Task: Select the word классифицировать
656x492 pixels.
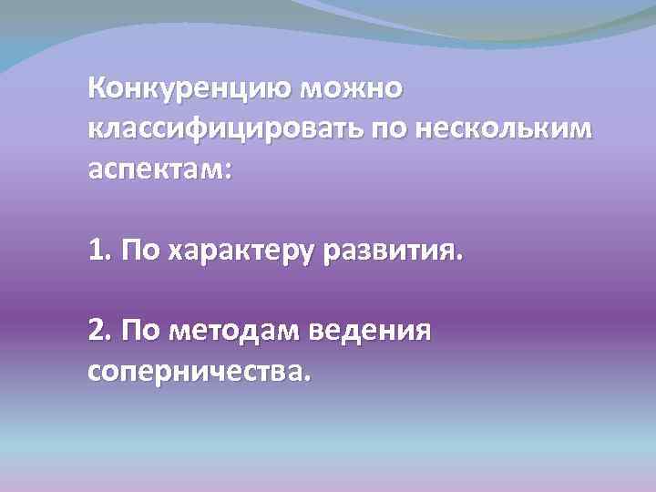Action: tap(224, 129)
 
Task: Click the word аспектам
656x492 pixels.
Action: tap(154, 169)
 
